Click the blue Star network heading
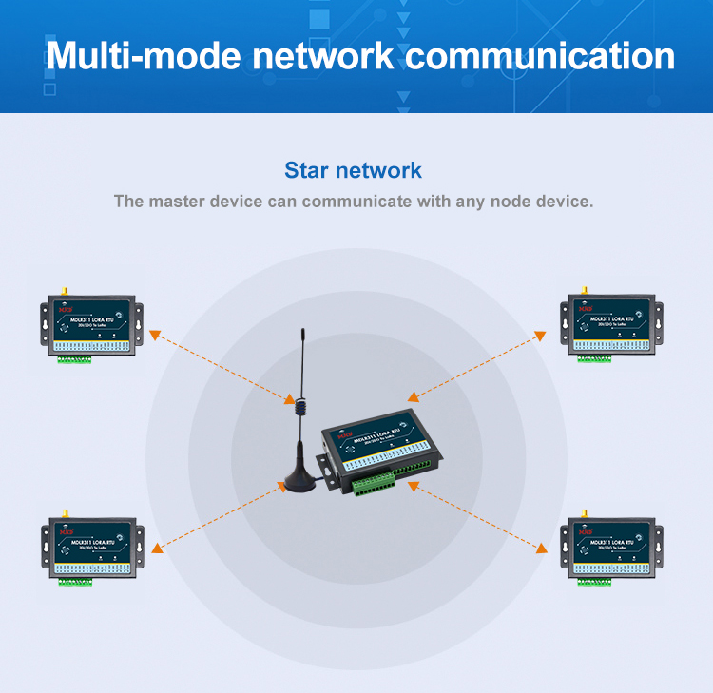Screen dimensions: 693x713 [353, 171]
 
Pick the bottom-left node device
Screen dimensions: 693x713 [91, 549]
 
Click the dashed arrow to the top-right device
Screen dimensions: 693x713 [474, 366]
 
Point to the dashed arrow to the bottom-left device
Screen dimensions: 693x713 [219, 516]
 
